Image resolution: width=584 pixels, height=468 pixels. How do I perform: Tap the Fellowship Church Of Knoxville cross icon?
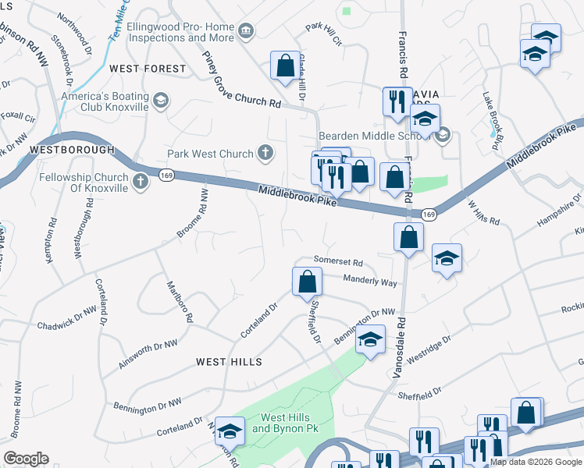(x=141, y=182)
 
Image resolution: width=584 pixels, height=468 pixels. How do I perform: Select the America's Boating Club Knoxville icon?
(x=160, y=100)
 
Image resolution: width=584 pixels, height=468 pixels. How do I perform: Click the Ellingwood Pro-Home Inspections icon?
(x=247, y=30)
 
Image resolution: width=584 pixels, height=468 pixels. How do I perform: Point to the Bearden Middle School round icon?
(x=443, y=135)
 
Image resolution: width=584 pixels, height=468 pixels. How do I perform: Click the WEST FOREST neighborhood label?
(x=148, y=69)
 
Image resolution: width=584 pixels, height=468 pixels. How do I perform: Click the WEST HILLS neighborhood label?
(x=229, y=362)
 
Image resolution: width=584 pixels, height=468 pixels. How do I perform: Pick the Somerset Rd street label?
(x=339, y=262)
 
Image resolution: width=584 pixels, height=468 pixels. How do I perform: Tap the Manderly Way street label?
(x=370, y=281)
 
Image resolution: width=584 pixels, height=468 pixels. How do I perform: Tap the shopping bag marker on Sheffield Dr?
(x=308, y=282)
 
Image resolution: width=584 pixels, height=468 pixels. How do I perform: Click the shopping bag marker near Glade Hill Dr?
(x=284, y=66)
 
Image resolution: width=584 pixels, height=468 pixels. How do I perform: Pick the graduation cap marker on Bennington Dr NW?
(x=370, y=339)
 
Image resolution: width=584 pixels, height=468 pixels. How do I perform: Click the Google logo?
(x=26, y=459)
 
